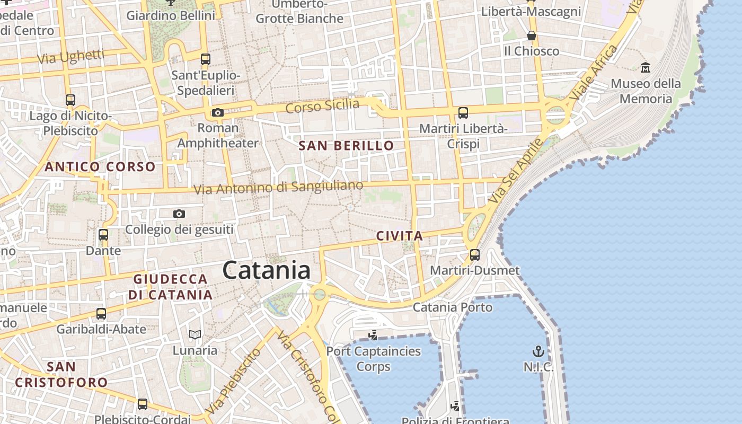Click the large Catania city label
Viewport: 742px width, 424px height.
coord(266,270)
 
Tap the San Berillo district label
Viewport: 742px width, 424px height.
coord(347,146)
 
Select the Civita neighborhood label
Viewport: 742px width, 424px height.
coord(400,236)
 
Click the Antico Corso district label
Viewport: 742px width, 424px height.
coord(100,167)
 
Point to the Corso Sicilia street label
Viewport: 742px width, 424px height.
coord(322,106)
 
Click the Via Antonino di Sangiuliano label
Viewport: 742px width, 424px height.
coord(278,188)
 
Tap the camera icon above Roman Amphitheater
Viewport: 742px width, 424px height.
coord(217,112)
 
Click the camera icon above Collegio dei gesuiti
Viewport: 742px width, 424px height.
coord(179,214)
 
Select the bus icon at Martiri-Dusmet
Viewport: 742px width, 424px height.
coord(475,255)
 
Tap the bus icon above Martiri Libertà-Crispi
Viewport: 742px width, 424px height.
coord(463,112)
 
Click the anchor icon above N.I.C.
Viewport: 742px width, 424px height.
coord(538,351)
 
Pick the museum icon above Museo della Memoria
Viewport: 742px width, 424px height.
coord(646,68)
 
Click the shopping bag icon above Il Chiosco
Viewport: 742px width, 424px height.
coord(531,36)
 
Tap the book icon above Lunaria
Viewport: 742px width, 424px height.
coord(195,334)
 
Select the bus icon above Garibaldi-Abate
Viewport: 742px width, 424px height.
coord(101,313)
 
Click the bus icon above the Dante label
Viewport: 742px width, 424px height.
coord(103,234)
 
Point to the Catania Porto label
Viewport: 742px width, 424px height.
coord(453,307)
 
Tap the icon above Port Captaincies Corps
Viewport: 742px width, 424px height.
coord(373,334)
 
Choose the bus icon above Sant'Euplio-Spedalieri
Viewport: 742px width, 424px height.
coord(206,59)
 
